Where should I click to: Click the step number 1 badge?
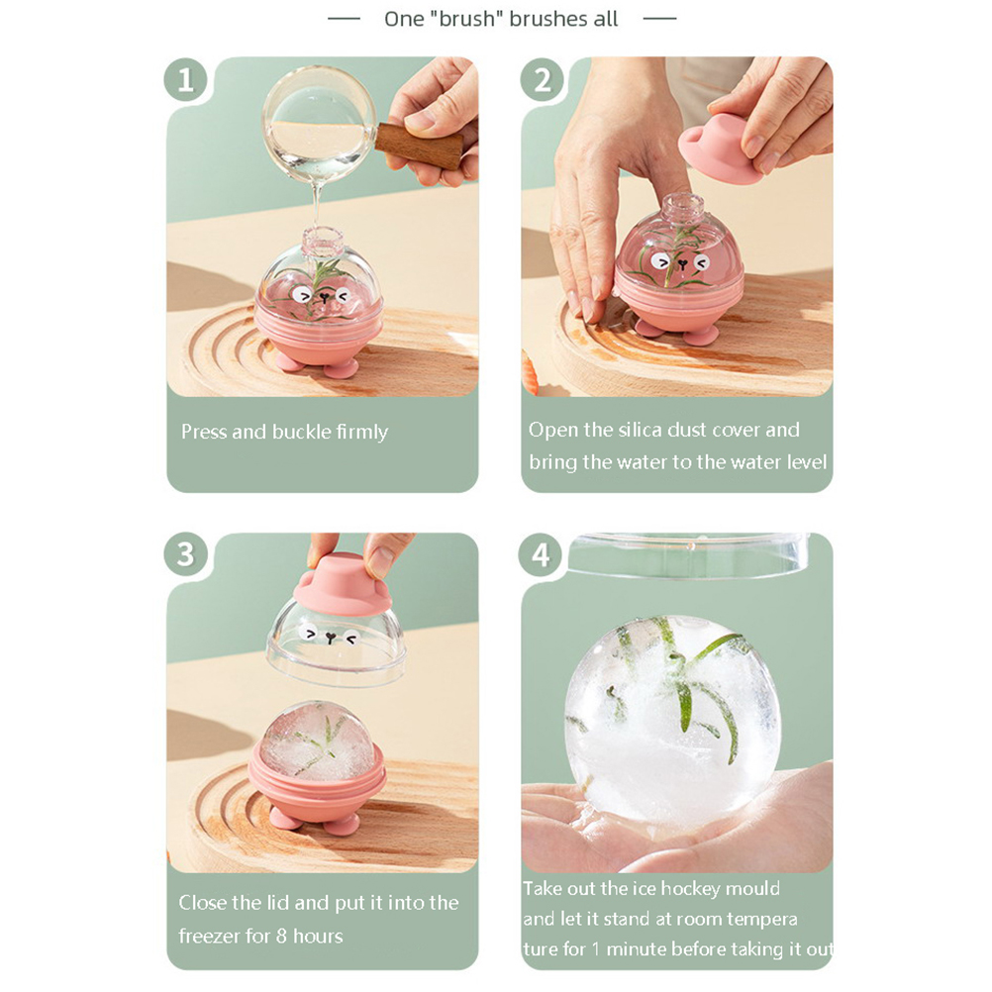185,80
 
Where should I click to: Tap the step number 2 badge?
543,80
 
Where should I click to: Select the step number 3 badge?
185,554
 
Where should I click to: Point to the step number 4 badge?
541,554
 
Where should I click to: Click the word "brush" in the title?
465,19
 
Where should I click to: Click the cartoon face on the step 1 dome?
323,296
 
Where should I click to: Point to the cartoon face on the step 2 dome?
680,262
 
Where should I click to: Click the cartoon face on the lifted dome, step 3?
329,636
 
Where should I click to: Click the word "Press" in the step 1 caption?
204,432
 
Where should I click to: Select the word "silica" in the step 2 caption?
639,431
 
